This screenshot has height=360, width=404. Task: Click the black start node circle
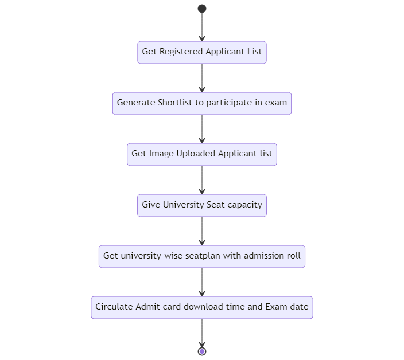click(202, 9)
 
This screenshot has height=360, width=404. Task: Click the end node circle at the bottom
click(202, 351)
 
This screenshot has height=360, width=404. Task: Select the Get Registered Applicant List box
click(202, 52)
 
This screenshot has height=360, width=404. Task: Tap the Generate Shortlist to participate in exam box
click(202, 103)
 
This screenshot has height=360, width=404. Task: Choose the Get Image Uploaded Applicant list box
click(202, 154)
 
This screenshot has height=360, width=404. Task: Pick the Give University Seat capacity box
click(202, 205)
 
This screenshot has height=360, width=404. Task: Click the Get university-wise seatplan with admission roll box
click(202, 256)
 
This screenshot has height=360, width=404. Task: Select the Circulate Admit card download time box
click(202, 307)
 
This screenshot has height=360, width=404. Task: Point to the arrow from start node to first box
click(202, 26)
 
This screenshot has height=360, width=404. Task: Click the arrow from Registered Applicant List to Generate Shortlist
click(202, 77)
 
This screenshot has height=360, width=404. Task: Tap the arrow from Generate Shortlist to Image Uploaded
click(202, 128)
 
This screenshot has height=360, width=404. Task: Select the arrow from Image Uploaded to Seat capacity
click(202, 179)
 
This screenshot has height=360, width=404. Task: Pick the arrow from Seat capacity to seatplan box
click(202, 230)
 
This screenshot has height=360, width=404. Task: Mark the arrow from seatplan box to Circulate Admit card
click(202, 281)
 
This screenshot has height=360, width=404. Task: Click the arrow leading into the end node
click(202, 332)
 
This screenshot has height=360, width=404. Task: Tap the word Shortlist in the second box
click(176, 103)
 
